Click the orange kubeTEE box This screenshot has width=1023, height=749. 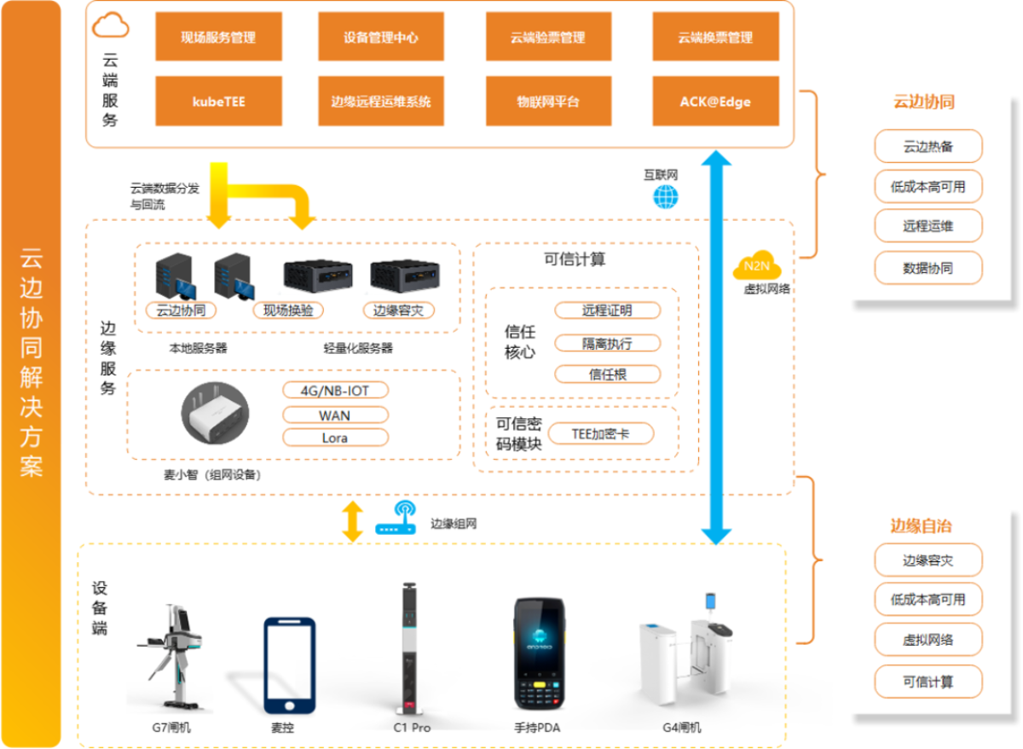coord(218,102)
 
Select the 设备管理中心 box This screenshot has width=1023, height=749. coord(381,38)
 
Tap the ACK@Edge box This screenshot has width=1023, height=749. coord(715,102)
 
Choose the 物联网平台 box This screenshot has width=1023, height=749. coord(548,102)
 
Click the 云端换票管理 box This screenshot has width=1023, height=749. coord(715,38)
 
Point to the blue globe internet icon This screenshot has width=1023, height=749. coord(666,197)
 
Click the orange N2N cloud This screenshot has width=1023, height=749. coord(751,267)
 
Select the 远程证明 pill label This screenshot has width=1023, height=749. coord(607,311)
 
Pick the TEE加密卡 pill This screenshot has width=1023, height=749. coord(600,433)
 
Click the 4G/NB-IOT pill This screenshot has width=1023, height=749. coord(335,391)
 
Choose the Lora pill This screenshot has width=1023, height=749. coord(335,438)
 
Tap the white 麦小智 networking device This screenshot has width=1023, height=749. coord(214,415)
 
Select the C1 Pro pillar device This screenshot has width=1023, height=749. coord(412,648)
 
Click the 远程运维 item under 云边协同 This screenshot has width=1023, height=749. coord(928,226)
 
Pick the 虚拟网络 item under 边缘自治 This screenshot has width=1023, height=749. coord(928,640)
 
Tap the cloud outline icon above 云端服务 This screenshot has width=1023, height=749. coord(111,26)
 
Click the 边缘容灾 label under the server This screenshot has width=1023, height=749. coord(398,311)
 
